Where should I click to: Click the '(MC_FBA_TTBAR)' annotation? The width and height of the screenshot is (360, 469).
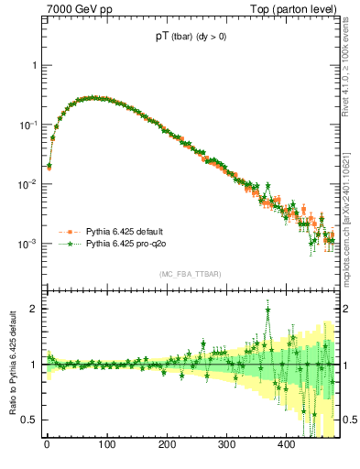tap(190, 274)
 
